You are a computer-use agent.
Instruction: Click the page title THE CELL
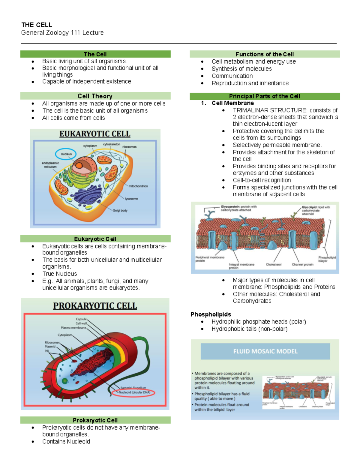coord(37,25)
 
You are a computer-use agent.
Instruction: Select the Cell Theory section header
coord(95,96)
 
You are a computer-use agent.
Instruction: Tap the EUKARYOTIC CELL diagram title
coord(95,134)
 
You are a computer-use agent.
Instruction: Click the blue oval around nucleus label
coord(66,154)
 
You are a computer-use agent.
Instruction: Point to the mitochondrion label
coord(138,186)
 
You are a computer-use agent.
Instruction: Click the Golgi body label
coord(120,211)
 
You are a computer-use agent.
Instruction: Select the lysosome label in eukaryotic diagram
coord(131,199)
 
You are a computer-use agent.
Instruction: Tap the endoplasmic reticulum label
coord(50,165)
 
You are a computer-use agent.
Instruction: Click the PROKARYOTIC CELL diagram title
coord(95,306)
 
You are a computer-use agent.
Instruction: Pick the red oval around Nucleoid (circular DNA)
coord(133,392)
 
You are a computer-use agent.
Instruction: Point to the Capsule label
coord(81,319)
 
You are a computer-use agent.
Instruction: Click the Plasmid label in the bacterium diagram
coord(50,347)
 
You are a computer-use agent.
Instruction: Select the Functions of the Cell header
coord(265,54)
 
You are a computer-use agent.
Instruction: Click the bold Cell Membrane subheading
coord(232,103)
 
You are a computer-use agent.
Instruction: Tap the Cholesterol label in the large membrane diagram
coord(274,265)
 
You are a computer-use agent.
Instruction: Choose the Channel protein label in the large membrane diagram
coord(302,265)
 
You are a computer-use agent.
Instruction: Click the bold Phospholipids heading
coord(211,314)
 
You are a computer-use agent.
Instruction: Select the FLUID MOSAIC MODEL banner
coord(265,351)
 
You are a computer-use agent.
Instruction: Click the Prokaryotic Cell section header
coord(95,420)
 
